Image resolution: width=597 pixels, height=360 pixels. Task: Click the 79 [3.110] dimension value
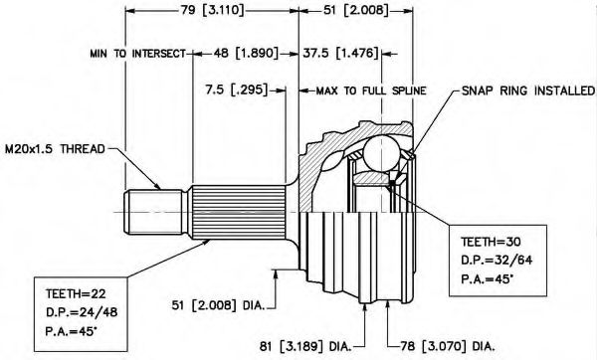212,10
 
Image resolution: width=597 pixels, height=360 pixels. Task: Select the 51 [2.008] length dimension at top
356,10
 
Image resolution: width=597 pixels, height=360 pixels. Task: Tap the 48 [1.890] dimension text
246,53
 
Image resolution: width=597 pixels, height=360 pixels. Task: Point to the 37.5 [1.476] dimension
340,53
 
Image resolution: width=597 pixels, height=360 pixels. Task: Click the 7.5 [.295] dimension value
237,90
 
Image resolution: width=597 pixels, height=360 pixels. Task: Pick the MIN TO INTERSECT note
138,54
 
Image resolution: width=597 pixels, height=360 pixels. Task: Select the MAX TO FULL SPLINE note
371,90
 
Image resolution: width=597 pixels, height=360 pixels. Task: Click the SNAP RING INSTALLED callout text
528,90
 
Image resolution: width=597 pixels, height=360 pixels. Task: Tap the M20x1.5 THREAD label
55,149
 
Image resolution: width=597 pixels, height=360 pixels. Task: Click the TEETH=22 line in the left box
76,293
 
